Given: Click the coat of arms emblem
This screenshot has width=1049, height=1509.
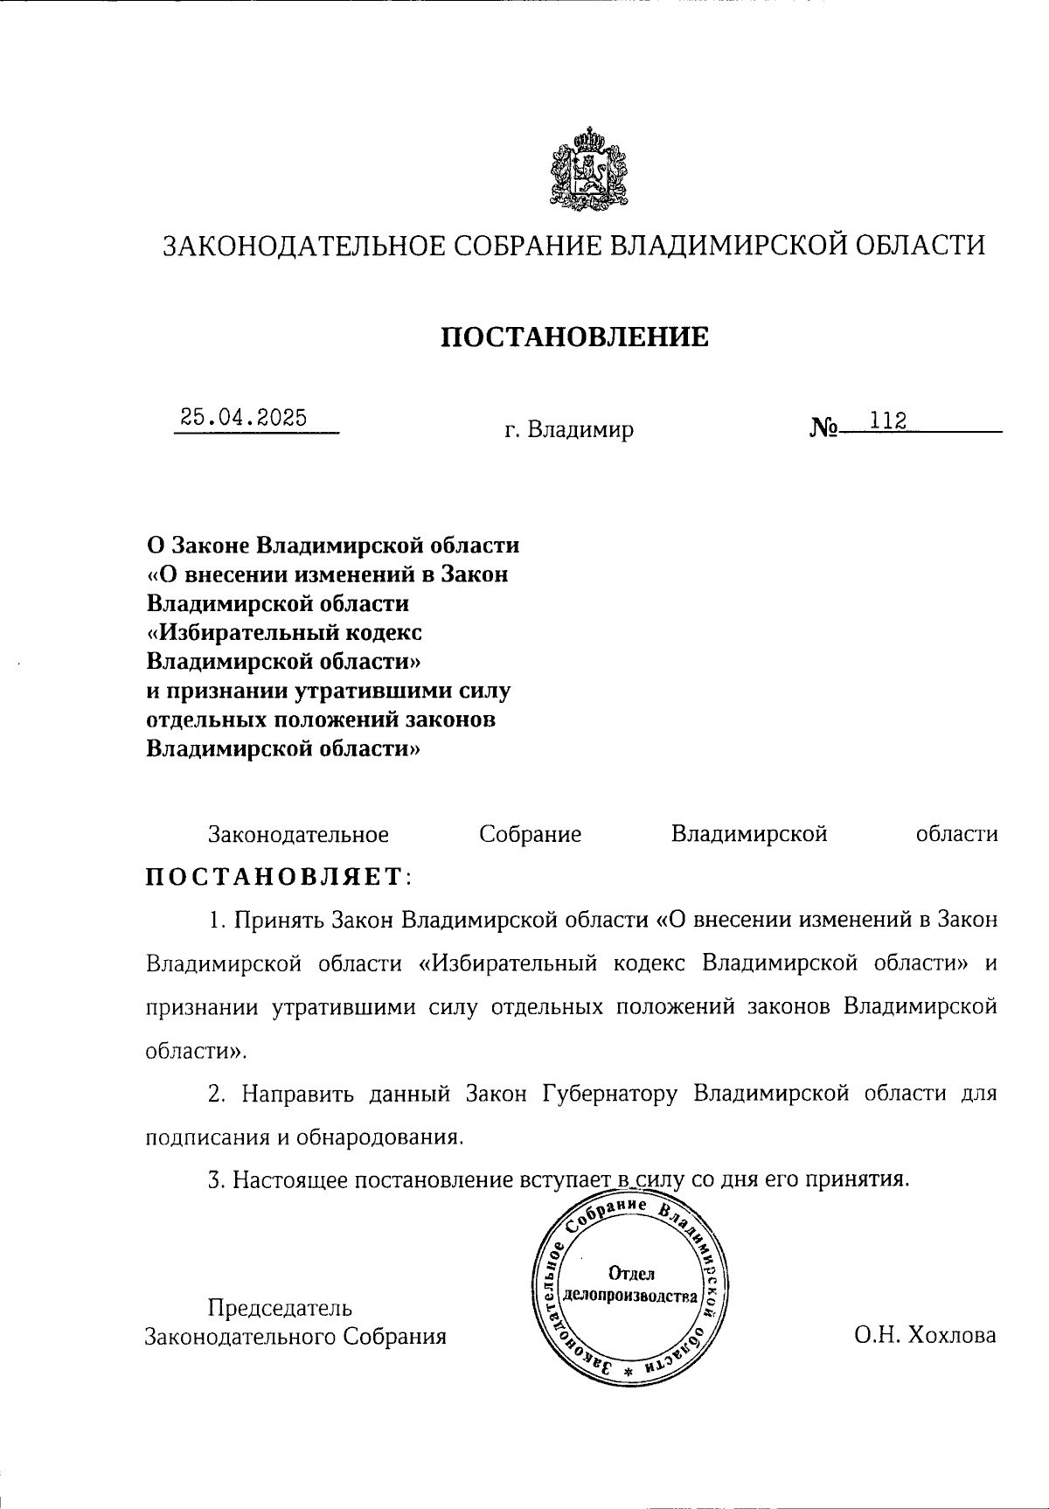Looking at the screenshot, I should pos(587,170).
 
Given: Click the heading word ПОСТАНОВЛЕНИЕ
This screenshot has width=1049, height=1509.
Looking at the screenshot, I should pos(574,337).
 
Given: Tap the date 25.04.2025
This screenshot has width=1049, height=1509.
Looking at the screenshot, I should pos(244,417).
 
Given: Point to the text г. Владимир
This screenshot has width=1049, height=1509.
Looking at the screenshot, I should pos(569,430).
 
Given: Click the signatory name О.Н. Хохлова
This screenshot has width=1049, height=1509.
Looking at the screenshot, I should pos(926,1336).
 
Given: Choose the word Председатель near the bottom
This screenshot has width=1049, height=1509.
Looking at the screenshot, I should pos(280,1308).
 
